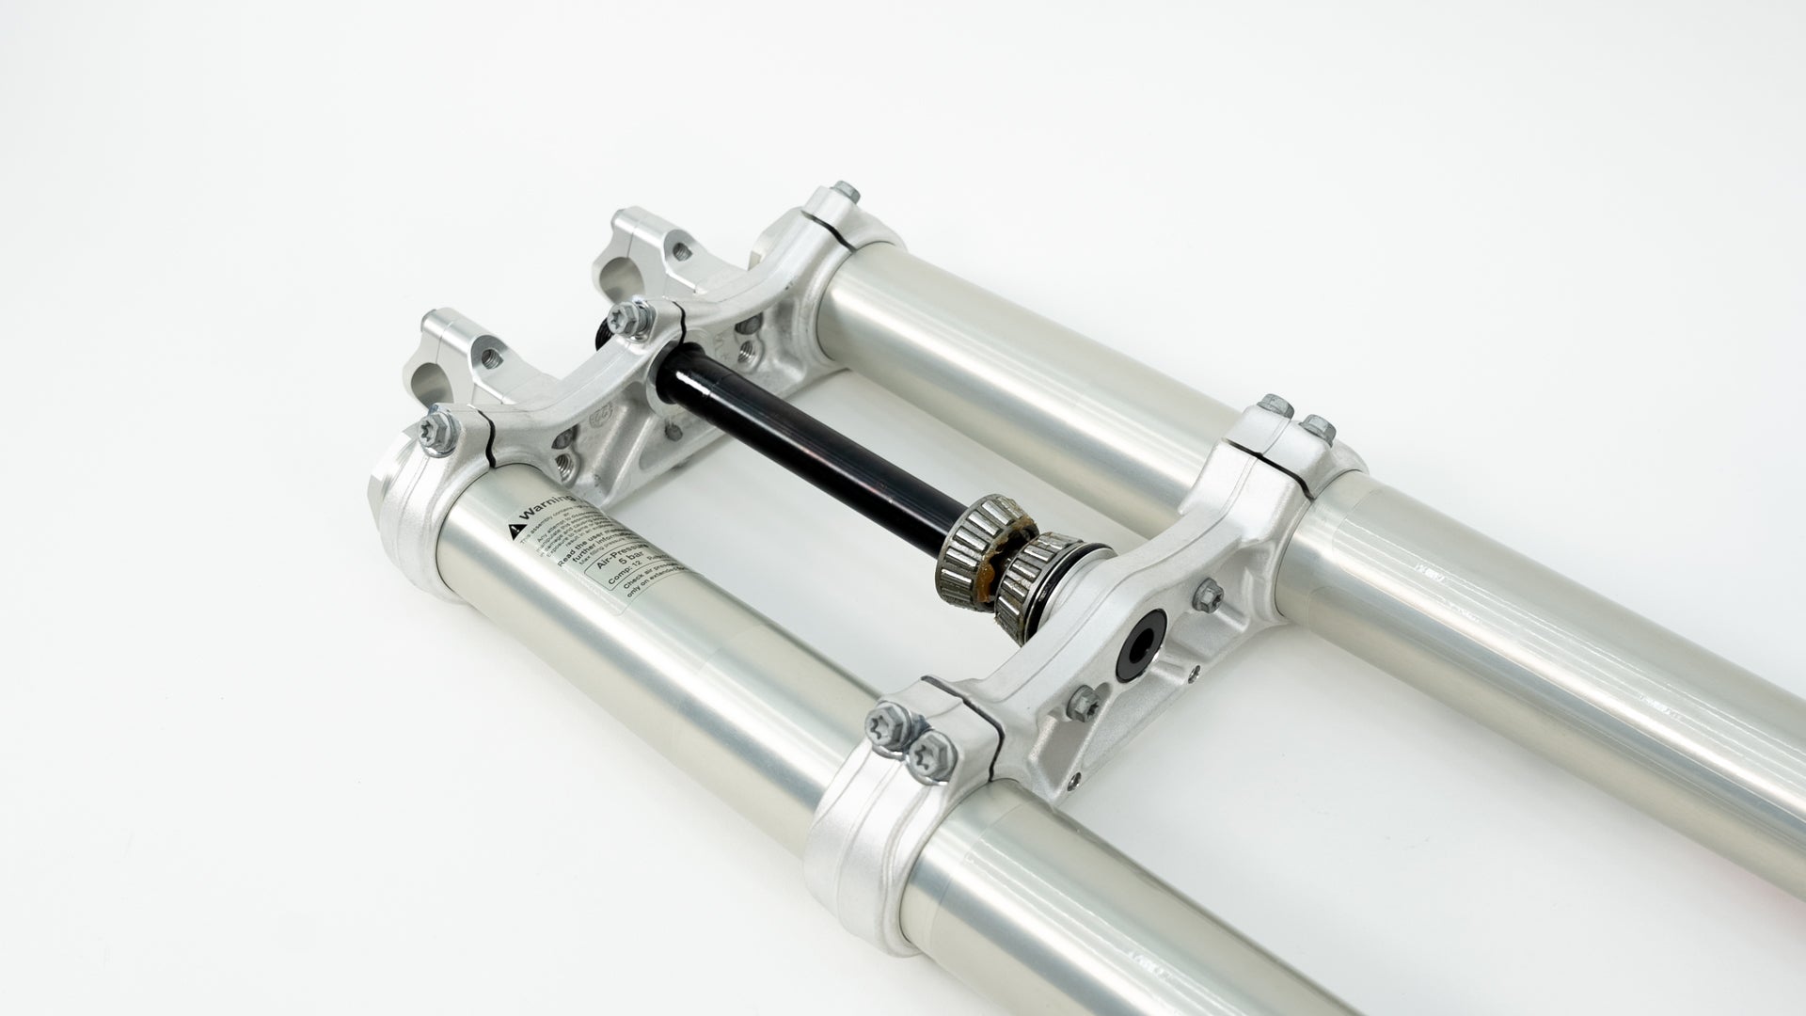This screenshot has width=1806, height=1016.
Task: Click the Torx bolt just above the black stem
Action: tap(626, 318)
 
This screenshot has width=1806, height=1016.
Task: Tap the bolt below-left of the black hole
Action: tap(1085, 699)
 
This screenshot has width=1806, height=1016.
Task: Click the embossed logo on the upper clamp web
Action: tap(596, 412)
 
